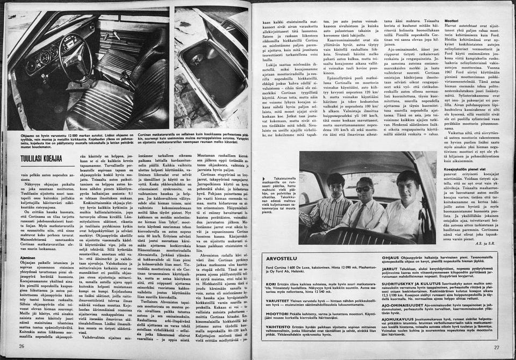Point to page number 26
[x=22, y=346]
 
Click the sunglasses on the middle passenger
[x=363, y=190]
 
